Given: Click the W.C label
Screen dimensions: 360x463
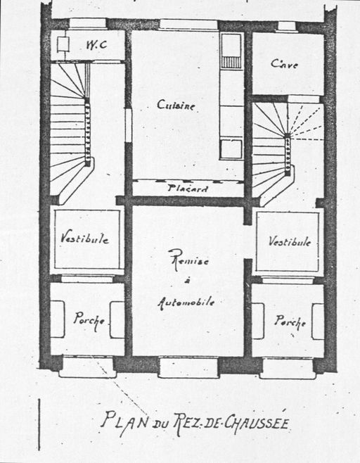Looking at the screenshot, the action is coord(96,45).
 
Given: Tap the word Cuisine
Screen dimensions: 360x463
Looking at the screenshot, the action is coord(176,105).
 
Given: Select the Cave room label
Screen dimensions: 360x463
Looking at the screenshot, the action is coord(284,64).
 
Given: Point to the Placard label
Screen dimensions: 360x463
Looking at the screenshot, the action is coord(188,189).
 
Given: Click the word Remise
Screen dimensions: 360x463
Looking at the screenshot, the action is coord(188,260).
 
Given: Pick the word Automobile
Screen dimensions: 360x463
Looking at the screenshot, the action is coord(186,303).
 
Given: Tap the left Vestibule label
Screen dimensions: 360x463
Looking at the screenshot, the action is coord(84,238).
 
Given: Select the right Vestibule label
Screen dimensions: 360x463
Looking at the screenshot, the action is coord(290,241).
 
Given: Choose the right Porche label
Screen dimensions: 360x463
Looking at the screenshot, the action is coord(290,322).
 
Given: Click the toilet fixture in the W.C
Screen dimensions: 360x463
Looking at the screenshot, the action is coord(63,44).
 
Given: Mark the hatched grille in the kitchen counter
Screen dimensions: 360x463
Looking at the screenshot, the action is coord(231,63).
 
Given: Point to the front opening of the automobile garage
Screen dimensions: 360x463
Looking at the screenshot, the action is coord(188,367).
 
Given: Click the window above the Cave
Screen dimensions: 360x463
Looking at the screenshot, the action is coord(287,26).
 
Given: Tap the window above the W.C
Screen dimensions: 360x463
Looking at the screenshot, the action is coord(88,24).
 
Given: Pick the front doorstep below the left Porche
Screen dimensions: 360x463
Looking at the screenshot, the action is coord(88,367).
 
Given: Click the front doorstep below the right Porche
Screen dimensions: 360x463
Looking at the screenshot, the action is coord(287,368).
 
